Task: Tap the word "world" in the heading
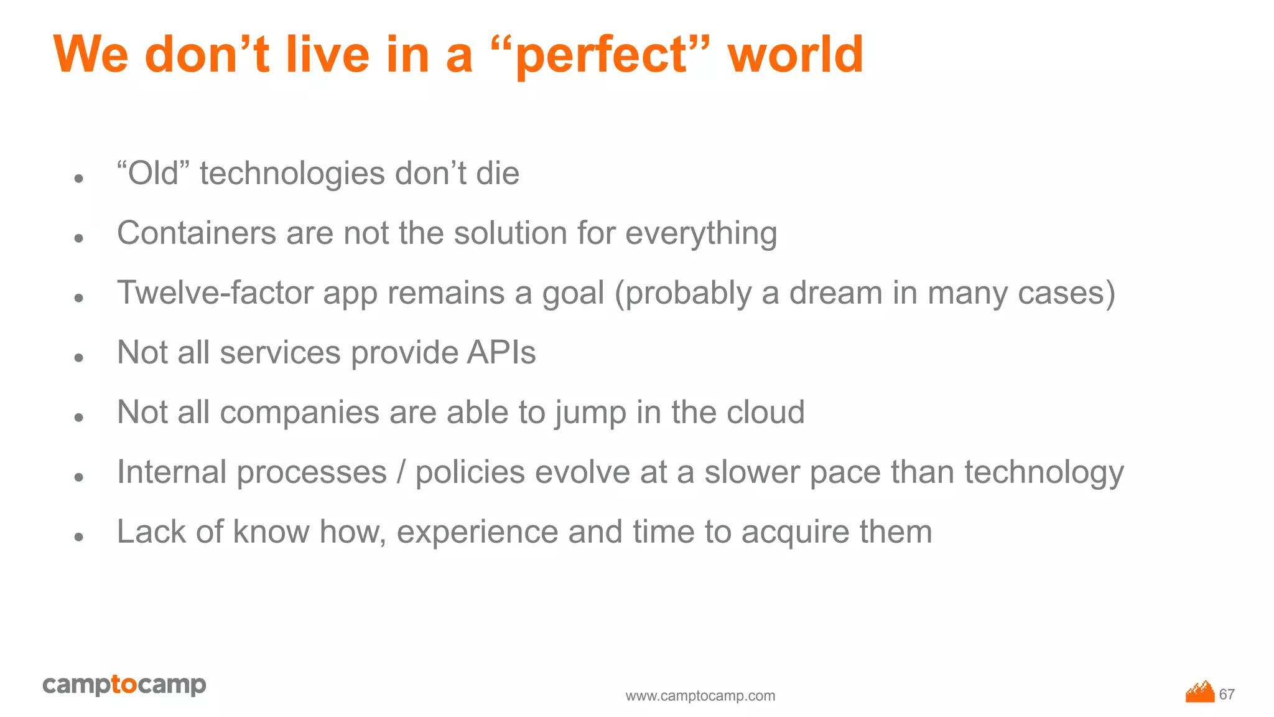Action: (x=796, y=55)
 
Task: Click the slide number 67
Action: (x=1227, y=694)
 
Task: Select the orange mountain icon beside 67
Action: (x=1200, y=692)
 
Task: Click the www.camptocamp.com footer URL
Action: (x=700, y=696)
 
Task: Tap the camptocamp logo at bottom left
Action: (x=124, y=685)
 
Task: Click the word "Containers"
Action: (x=197, y=233)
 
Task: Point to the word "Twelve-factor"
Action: (x=215, y=293)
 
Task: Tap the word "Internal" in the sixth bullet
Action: (x=172, y=472)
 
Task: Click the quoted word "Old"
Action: (x=153, y=173)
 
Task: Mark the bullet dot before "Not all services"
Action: (x=78, y=357)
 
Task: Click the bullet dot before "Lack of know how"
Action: (x=78, y=537)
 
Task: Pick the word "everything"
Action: (x=701, y=235)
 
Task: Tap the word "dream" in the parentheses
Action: (x=835, y=293)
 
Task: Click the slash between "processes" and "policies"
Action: (x=401, y=472)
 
